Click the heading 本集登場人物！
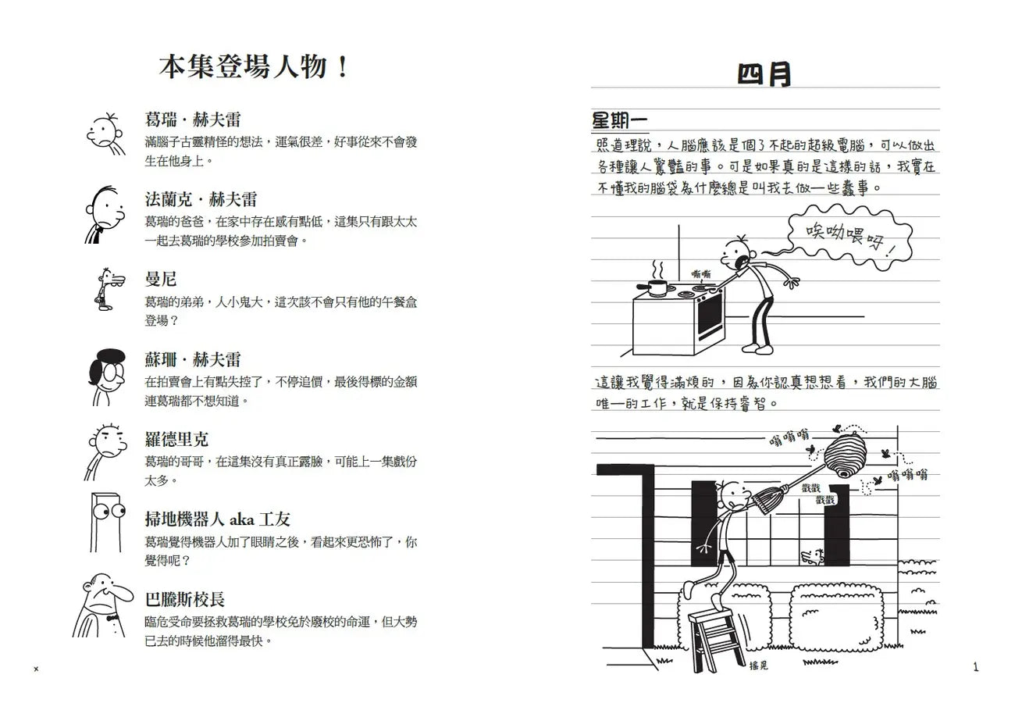tap(254, 67)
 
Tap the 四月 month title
tap(764, 75)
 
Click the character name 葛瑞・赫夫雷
tap(193, 120)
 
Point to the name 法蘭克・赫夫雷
tap(201, 199)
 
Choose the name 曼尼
tap(161, 279)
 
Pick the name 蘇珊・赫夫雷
tap(193, 359)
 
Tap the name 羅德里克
tap(176, 439)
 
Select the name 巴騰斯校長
tap(185, 599)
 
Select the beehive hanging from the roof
tap(848, 456)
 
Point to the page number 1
tap(975, 666)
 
